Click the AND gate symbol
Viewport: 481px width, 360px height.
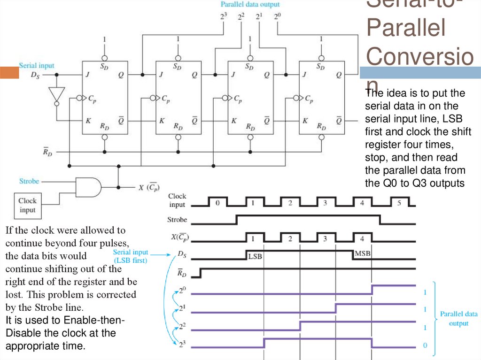pyautogui.click(x=88, y=186)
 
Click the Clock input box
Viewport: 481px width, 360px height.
pyautogui.click(x=27, y=206)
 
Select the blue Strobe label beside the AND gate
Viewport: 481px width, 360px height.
pyautogui.click(x=29, y=181)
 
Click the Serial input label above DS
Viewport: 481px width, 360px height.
pyautogui.click(x=36, y=66)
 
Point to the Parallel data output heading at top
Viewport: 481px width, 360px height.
pyautogui.click(x=250, y=5)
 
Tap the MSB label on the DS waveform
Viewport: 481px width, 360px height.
pyautogui.click(x=363, y=253)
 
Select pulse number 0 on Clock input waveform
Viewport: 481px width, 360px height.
pyautogui.click(x=217, y=204)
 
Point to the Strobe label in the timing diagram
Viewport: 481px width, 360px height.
pyautogui.click(x=177, y=219)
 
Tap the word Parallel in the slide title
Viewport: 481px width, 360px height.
pyautogui.click(x=405, y=29)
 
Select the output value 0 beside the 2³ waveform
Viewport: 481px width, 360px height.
pyautogui.click(x=425, y=345)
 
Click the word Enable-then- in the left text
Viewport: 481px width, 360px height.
pyautogui.click(x=89, y=320)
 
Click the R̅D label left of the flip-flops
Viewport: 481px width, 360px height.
pyautogui.click(x=47, y=151)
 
